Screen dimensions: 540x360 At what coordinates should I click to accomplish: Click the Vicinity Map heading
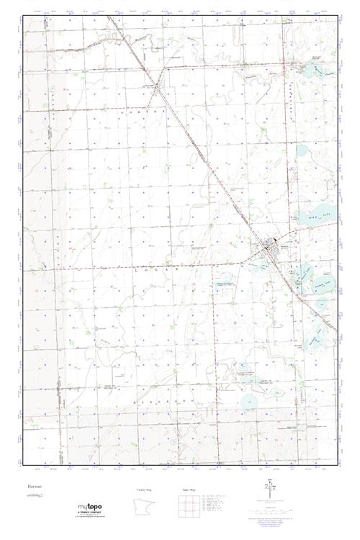(x=144, y=489)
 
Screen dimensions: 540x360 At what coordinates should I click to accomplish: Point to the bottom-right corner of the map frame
(x=337, y=462)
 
